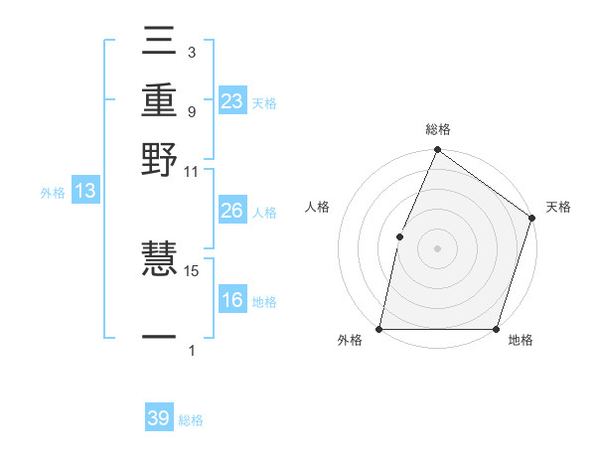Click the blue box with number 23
(232, 101)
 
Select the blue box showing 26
(232, 212)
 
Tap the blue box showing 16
(232, 301)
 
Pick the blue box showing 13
(85, 192)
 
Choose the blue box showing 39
(159, 418)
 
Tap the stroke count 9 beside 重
(191, 111)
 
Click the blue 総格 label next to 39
(191, 420)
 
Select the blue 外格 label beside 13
(53, 193)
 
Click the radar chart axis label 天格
(558, 207)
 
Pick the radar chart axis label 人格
(317, 207)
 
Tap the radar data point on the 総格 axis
(437, 151)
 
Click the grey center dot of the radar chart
(437, 247)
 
